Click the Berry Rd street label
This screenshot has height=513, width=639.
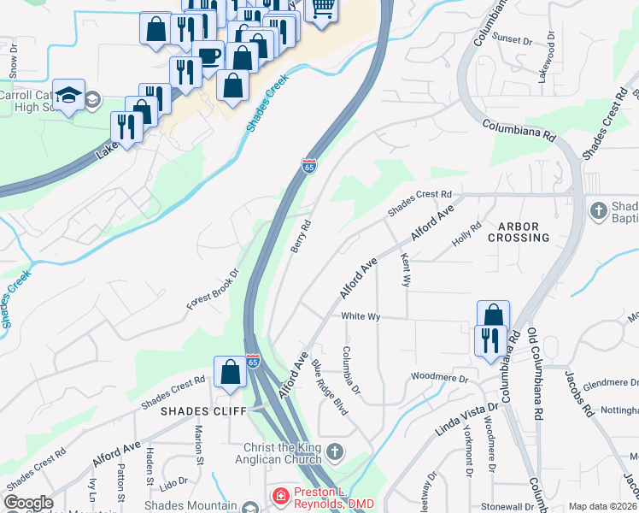coord(301,235)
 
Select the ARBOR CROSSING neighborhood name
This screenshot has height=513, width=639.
coord(519,232)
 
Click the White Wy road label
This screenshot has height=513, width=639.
coord(360,316)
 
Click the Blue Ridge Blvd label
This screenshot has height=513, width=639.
coord(330,387)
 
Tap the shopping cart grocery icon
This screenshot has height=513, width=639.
coord(322,9)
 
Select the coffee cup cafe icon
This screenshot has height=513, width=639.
coord(208,56)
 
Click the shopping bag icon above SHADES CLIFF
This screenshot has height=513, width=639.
coord(230,372)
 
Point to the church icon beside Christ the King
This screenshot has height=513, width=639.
coord(336,451)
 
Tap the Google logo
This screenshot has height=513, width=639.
coord(28,503)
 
